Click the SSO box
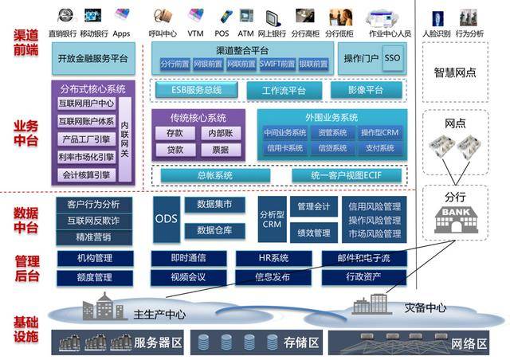point(393,59)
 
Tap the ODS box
point(166,219)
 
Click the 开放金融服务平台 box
point(93,59)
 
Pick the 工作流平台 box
point(284,91)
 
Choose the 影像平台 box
point(366,91)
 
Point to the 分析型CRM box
point(271,219)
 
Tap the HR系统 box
point(273,258)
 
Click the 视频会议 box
point(187,277)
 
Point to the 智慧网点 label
point(454,72)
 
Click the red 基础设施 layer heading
point(25,328)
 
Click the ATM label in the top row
point(245,33)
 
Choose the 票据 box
point(215,150)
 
